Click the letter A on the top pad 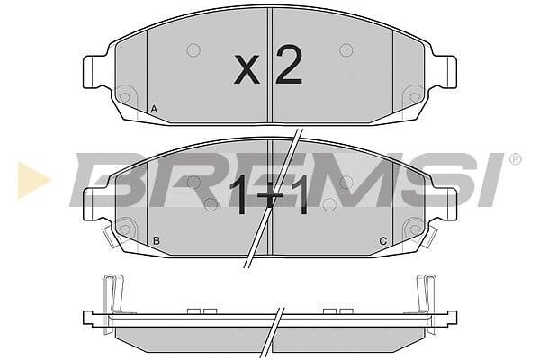coord(154,110)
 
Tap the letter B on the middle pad coord(157,241)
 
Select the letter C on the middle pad coord(383,241)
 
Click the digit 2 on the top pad coord(289,65)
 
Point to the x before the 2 coord(247,70)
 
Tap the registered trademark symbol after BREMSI coord(515,159)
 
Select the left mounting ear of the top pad coord(94,72)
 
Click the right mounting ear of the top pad coord(446,72)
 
